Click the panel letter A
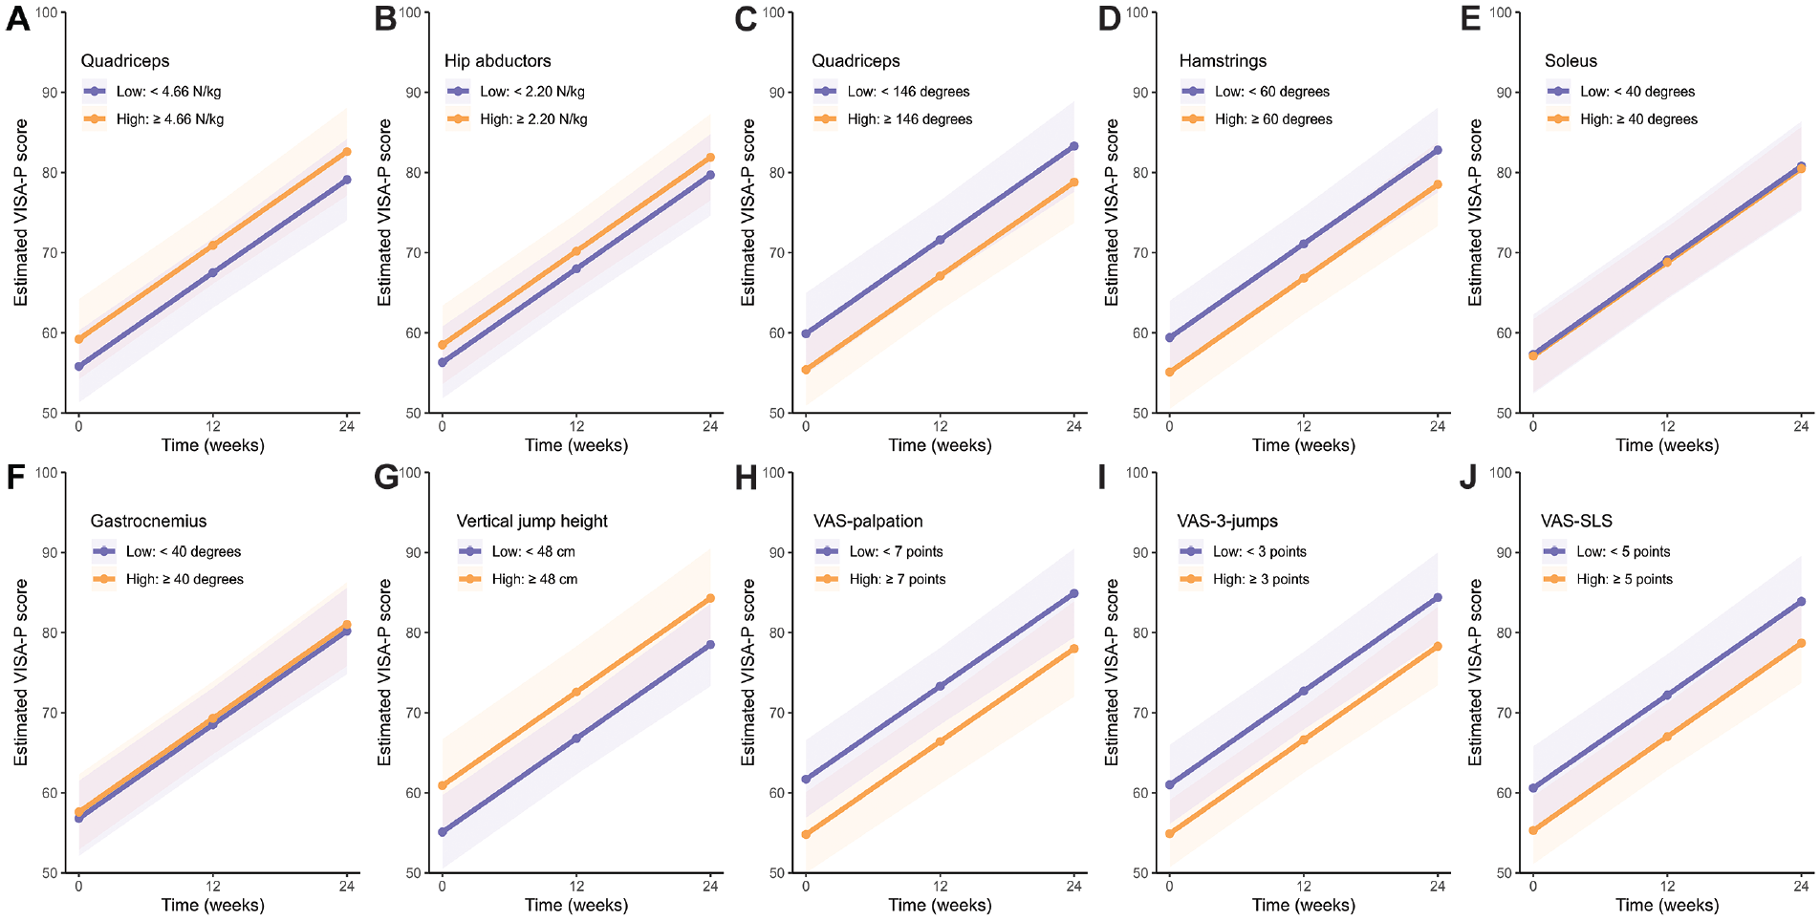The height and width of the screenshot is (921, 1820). tap(17, 19)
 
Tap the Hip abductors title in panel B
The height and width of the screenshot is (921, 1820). tap(497, 61)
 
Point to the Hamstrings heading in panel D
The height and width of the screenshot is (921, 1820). tap(1223, 61)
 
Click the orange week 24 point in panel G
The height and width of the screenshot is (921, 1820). tap(710, 599)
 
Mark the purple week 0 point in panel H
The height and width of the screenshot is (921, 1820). tap(806, 780)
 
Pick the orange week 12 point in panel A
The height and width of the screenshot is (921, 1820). tap(212, 246)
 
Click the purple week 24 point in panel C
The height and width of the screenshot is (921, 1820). tap(1074, 146)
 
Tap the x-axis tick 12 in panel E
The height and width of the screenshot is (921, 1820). tap(1667, 426)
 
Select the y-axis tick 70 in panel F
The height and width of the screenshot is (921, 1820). tap(49, 713)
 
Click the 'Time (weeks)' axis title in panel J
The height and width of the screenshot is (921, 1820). tap(1667, 905)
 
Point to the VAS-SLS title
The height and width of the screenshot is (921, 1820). tap(1576, 522)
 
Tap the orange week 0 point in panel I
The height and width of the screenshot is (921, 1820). tap(1169, 834)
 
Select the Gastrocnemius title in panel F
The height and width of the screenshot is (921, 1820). tap(148, 522)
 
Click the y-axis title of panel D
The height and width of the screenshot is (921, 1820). tap(1112, 213)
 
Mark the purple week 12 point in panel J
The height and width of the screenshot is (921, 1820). tap(1667, 696)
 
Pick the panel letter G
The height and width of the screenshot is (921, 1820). tap(386, 478)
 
